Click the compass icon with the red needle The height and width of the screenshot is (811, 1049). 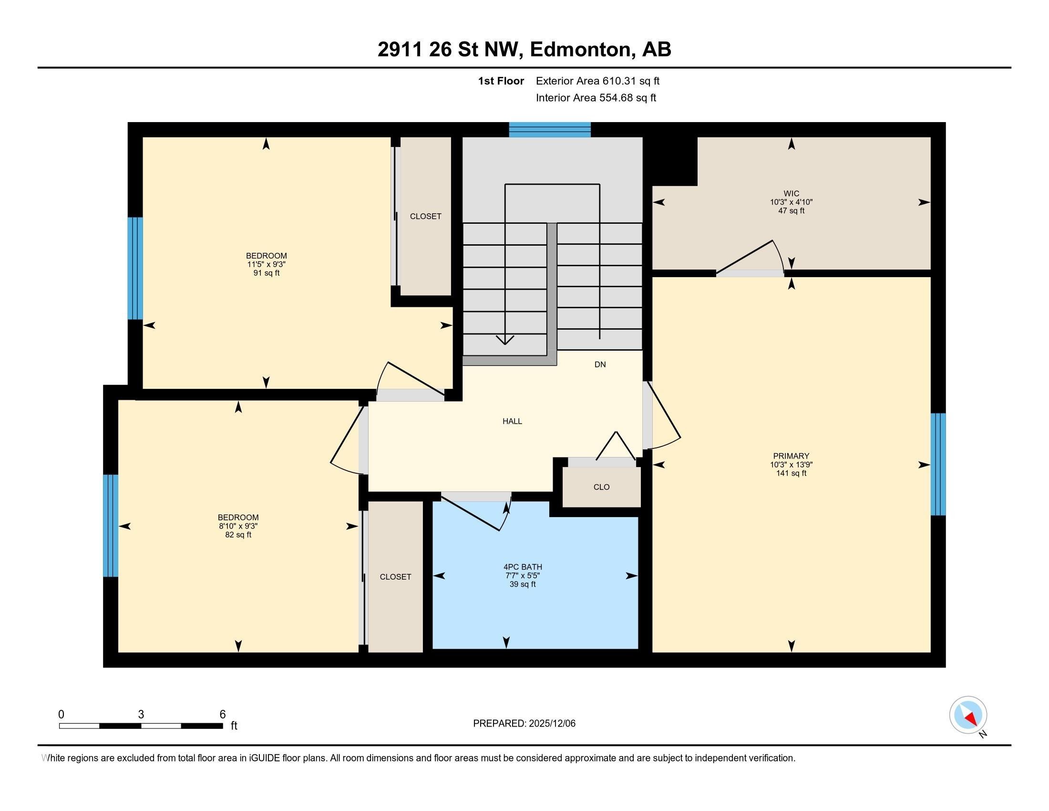tap(968, 715)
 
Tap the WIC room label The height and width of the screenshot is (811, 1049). tap(791, 194)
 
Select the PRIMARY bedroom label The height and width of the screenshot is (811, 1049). tap(791, 456)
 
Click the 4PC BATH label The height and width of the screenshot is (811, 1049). tap(523, 567)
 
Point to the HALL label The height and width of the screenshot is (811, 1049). tap(512, 421)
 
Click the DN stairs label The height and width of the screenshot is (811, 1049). tap(600, 364)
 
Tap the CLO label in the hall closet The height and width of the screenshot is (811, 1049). tap(601, 487)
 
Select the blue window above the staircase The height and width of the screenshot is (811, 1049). tap(549, 130)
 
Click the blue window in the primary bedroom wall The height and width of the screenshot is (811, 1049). tap(938, 464)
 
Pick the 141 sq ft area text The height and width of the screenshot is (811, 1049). tap(791, 473)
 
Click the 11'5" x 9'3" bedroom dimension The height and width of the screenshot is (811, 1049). tap(266, 264)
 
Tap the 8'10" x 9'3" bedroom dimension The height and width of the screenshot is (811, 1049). tap(238, 526)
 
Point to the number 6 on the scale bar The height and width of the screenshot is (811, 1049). tap(222, 715)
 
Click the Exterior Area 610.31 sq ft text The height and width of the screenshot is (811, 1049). tap(597, 81)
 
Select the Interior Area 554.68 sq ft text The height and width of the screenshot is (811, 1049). tap(596, 97)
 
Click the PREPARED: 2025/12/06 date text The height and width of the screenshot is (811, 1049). tap(524, 724)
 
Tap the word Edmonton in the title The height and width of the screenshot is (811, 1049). tap(580, 49)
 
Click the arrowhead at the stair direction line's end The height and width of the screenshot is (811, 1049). tap(505, 340)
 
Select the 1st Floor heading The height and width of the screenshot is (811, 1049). tap(501, 81)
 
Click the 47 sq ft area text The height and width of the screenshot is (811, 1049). tap(791, 211)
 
